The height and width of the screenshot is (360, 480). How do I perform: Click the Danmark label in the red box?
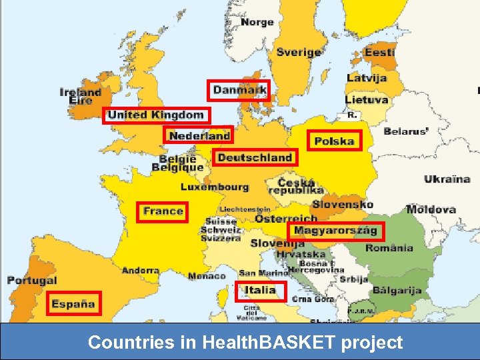(239, 90)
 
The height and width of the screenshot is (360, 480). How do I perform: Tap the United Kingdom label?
(156, 115)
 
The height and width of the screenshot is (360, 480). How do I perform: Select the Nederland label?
(199, 135)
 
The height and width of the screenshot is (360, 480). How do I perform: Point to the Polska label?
(334, 141)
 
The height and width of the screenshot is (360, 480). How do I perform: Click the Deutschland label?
(255, 157)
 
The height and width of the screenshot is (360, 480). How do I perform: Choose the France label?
(163, 211)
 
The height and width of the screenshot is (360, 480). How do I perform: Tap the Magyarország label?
(336, 231)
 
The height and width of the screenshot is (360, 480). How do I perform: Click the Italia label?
(260, 290)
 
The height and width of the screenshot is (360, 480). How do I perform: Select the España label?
(73, 303)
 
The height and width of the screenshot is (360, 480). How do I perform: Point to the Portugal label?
(32, 281)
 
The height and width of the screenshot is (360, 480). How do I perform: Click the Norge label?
(257, 22)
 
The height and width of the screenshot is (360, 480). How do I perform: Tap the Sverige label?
(299, 52)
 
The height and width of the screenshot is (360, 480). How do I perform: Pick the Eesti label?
(379, 52)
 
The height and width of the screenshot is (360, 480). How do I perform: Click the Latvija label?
(367, 78)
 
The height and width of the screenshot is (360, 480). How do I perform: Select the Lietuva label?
(367, 100)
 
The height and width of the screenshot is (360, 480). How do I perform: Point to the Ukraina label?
(447, 179)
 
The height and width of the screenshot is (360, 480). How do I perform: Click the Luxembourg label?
(215, 187)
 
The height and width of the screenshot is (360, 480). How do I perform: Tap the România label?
(389, 248)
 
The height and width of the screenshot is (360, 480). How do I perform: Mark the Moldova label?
(431, 209)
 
